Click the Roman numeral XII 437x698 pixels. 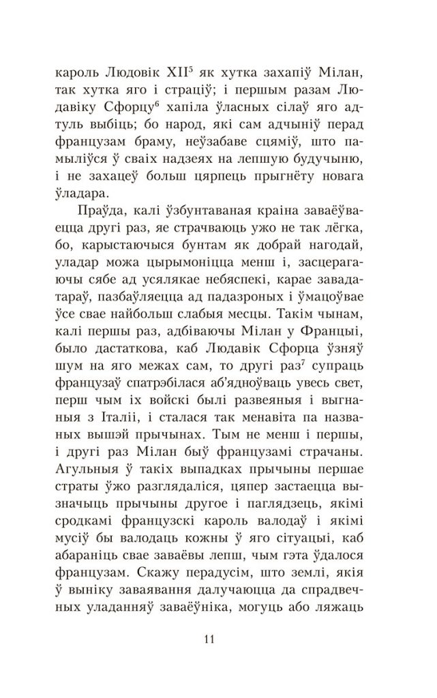tap(199, 72)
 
